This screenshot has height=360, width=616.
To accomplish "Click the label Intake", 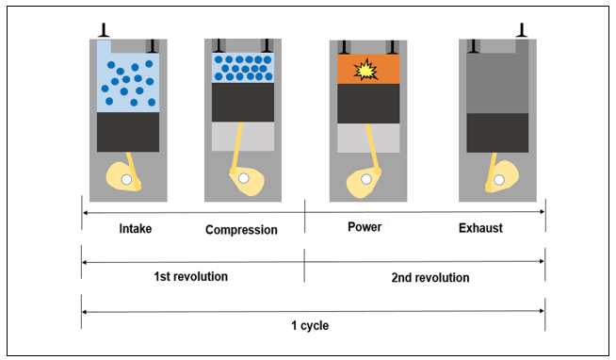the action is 135,228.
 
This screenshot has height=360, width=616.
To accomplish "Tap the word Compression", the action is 241,230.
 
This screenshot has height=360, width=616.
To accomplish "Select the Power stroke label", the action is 365,227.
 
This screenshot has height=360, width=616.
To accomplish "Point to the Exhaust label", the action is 480,228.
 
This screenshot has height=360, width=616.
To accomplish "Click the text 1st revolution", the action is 190,277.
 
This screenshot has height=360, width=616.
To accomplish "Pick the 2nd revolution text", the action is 430,278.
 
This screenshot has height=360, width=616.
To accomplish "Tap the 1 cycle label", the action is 310,325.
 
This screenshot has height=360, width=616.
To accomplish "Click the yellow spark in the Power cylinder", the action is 365,70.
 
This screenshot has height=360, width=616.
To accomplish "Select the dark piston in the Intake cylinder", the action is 128,132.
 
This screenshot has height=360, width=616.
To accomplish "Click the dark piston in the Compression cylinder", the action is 243,102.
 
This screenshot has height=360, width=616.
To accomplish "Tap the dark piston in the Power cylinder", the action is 368,104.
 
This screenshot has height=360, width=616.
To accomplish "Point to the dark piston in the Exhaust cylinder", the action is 497,133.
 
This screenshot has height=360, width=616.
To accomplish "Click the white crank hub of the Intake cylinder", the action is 126,180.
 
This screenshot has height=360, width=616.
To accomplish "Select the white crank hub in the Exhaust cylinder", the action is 499,180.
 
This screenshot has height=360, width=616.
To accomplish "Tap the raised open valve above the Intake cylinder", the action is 104,30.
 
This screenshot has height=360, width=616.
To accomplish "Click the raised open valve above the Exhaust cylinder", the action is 522,30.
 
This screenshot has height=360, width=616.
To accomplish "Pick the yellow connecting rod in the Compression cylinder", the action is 236,148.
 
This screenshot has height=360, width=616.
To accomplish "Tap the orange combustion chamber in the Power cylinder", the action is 368,69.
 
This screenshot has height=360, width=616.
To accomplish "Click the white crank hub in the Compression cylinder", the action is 244,178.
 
